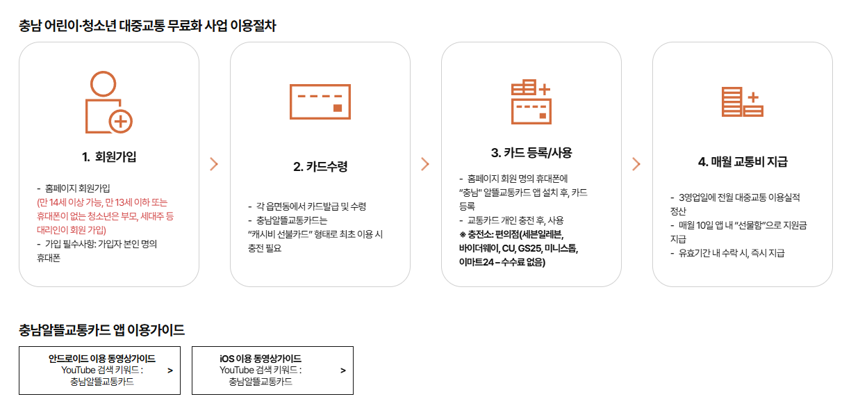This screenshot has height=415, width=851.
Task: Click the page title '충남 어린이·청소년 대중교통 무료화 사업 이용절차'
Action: pos(147,26)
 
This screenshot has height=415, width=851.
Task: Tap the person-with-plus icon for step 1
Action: pos(108,103)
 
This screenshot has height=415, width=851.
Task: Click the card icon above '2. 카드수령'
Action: pos(320,101)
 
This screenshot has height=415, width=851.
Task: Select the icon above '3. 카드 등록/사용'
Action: pos(531,101)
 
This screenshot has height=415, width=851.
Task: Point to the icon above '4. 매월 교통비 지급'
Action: pos(742,101)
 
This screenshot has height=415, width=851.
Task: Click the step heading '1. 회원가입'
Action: pos(109,156)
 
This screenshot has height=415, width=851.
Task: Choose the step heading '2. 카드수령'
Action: pos(320,166)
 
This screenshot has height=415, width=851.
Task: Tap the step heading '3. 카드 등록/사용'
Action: pos(531,152)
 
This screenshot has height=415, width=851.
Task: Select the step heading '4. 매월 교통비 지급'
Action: pos(742,161)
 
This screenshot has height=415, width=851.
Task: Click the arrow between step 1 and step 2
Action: pos(214,164)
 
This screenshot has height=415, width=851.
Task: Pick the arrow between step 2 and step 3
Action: pos(425,164)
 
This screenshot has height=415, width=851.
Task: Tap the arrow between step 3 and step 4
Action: pos(636,164)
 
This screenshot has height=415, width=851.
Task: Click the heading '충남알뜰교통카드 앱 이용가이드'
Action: pos(102,329)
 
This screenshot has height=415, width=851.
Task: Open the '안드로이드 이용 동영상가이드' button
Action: pos(100,371)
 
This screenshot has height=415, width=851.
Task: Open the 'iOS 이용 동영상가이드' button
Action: pos(272,371)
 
